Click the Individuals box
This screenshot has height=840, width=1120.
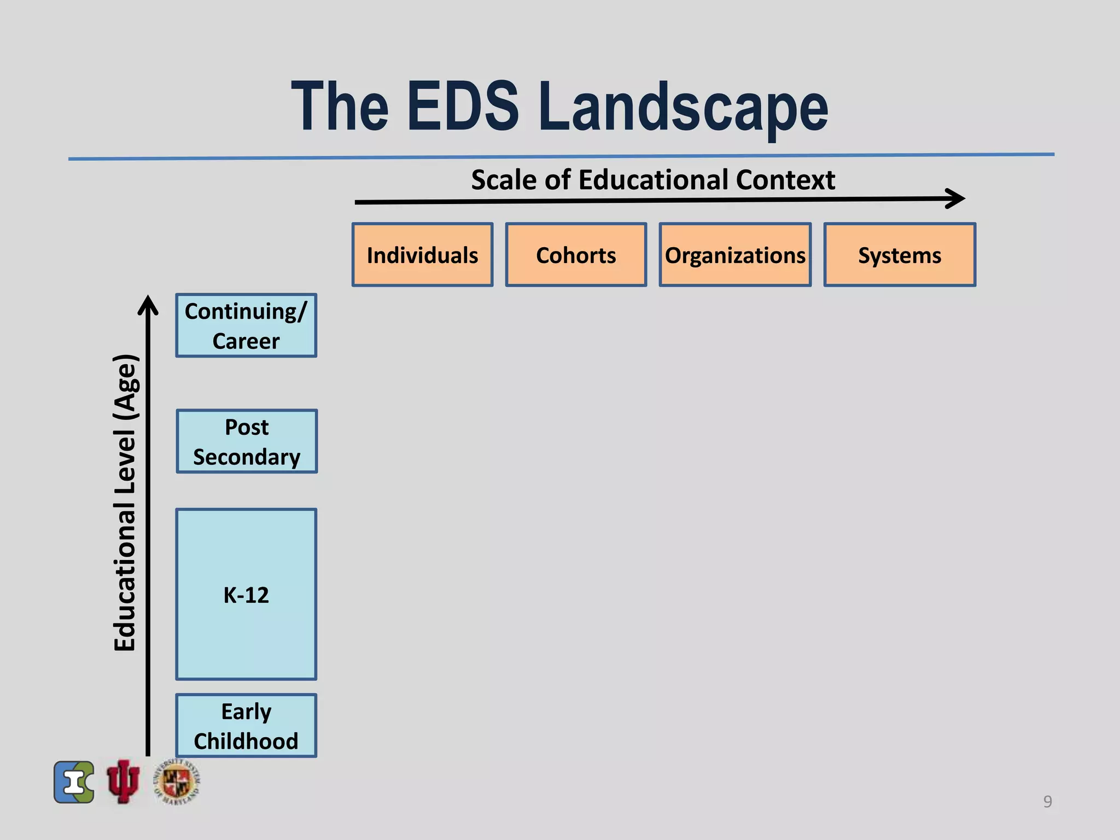click(422, 255)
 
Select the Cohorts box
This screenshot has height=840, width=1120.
click(576, 255)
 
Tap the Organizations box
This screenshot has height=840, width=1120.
click(735, 255)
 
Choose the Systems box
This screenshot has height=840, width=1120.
click(900, 255)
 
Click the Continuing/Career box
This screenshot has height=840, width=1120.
click(246, 326)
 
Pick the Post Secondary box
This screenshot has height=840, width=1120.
click(247, 441)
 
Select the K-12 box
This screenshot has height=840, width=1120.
click(246, 594)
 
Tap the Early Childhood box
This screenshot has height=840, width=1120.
click(246, 726)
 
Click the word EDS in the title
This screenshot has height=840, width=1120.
click(463, 107)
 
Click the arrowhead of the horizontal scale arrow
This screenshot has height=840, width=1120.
click(957, 199)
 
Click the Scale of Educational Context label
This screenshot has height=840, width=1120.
click(653, 180)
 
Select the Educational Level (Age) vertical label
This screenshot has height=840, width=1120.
click(125, 503)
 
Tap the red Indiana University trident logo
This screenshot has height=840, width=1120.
click(123, 781)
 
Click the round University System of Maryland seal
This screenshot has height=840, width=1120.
click(177, 782)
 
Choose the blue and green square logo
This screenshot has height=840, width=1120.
click(74, 782)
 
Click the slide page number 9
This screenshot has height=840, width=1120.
click(1047, 801)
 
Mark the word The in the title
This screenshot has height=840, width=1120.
click(340, 107)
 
